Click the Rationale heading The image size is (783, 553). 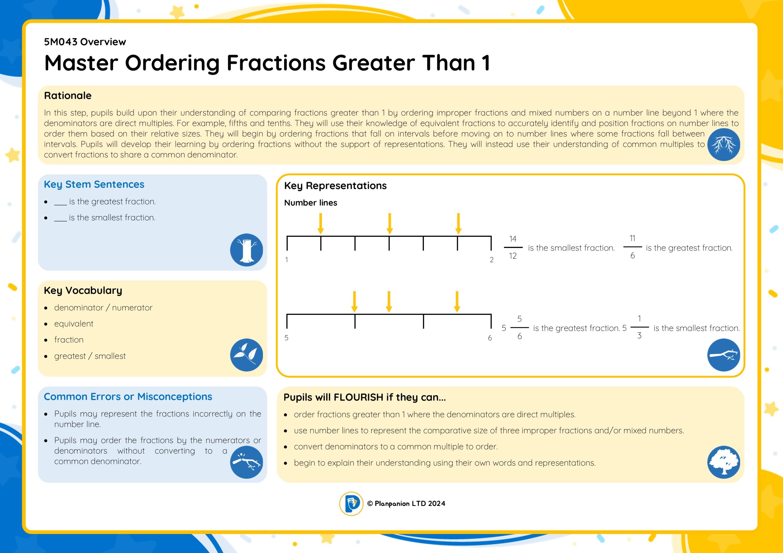pos(68,95)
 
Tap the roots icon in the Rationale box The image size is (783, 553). pos(723,145)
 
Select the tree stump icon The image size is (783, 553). pos(246,250)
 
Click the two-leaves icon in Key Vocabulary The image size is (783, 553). pos(246,355)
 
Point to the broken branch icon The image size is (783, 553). pos(246,462)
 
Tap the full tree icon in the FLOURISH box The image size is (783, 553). pos(723,462)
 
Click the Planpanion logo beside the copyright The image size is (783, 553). pos(351,504)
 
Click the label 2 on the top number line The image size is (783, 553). pos(492,260)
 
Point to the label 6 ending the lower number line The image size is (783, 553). pos(490,338)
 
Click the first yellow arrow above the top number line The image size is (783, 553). pos(321,224)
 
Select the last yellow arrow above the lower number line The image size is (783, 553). pos(457,302)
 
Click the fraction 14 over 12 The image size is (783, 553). pos(513,247)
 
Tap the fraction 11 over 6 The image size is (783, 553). pos(632,247)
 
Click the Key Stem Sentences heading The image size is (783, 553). pos(94,184)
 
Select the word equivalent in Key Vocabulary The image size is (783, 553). pos(74,324)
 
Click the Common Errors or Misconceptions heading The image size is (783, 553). pos(128,397)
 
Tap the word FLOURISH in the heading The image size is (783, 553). pos(358,397)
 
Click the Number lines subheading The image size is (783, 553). pos(311,203)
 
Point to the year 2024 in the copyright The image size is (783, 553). pos(436,504)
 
